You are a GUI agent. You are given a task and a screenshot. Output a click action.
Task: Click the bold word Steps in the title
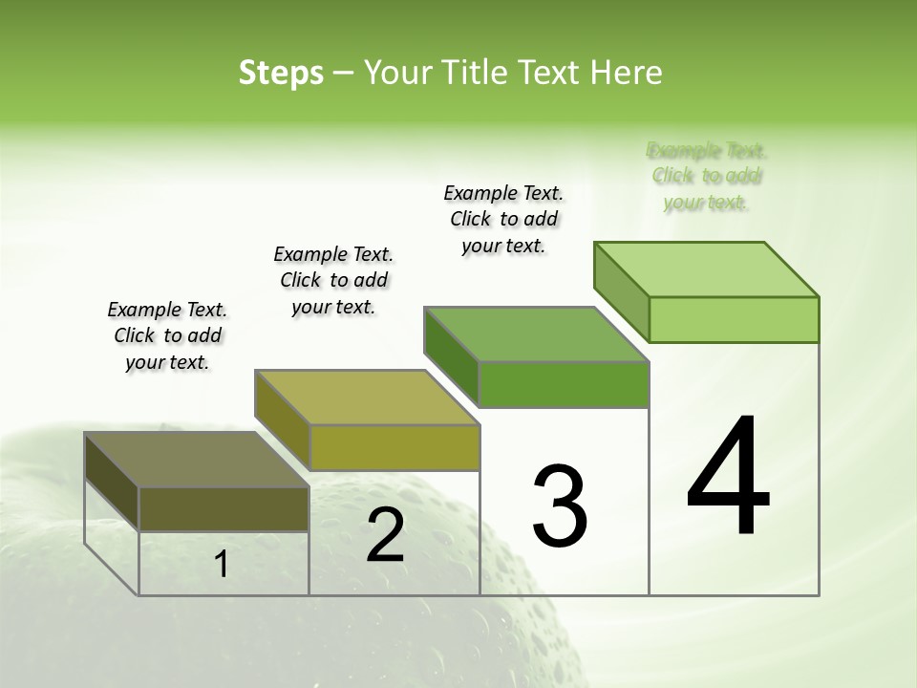pos(281,73)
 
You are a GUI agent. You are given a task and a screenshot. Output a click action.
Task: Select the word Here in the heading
pos(627,73)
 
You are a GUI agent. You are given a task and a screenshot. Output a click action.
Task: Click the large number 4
pos(729,477)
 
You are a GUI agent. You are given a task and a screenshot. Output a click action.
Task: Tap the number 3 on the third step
pos(560,506)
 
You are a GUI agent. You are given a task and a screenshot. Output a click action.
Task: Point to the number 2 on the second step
pos(385,535)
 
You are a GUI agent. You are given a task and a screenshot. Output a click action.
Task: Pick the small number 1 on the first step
pos(221,565)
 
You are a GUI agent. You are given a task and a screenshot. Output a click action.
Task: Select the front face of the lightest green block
pos(734,319)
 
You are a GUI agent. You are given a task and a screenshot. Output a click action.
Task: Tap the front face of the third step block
pos(564,384)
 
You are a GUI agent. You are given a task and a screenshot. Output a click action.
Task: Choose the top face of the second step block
pos(367,398)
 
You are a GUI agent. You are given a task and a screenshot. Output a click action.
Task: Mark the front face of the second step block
pos(394,447)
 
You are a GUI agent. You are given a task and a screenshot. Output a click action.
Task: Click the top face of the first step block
pos(197,460)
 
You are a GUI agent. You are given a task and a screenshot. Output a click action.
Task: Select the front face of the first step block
pos(224,508)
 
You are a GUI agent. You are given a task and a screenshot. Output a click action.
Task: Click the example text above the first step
pos(167,335)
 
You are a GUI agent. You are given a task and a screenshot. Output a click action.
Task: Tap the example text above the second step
pos(333,280)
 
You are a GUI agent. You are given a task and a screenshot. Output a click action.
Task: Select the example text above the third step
pos(503,219)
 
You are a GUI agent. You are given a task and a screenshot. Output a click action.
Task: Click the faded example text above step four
pos(707,176)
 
